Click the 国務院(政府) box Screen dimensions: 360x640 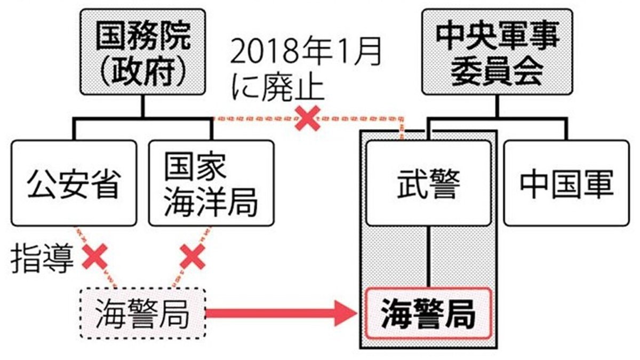pos(142,52)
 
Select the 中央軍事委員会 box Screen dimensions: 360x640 pos(497,52)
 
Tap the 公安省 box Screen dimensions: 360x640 pos(73,183)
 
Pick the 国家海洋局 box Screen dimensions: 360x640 pos(211,183)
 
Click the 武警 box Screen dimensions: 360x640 pos(428,183)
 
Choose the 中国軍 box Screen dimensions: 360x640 pos(566,183)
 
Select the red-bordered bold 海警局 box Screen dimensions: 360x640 pos(428,314)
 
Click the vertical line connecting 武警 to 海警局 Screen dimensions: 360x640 pos(428,257)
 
